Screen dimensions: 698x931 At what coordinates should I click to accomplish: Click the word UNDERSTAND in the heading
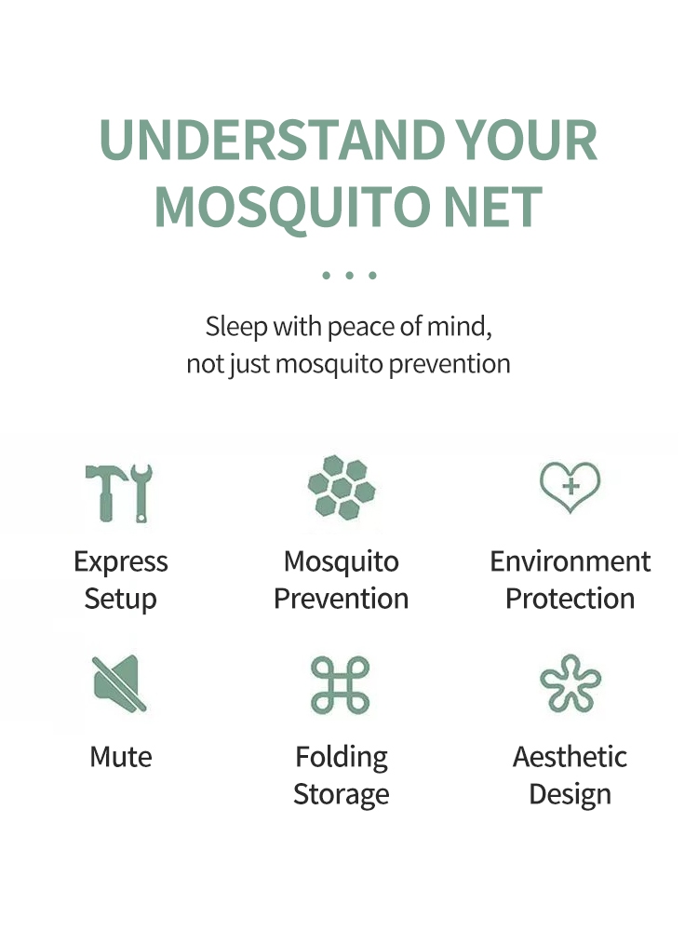point(273,140)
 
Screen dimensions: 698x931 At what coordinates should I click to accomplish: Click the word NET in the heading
point(492,206)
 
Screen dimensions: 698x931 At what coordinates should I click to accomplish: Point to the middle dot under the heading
point(350,275)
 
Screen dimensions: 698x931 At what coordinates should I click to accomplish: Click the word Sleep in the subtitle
point(236,327)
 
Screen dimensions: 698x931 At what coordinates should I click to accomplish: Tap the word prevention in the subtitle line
point(450,364)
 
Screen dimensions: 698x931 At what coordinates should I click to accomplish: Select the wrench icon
point(141,492)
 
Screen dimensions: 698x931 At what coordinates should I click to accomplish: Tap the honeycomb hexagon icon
point(342,488)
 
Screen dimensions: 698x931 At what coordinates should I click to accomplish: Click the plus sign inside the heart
point(570,486)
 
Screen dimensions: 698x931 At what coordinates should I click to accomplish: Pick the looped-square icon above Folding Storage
point(340,684)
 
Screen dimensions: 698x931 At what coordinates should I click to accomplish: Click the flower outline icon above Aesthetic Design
point(570,683)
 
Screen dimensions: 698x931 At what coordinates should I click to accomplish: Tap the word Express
point(120,562)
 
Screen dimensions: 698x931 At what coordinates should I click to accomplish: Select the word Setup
point(120,599)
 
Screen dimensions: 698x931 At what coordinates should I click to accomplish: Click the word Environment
point(570,561)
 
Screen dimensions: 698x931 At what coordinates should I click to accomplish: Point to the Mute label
point(120,757)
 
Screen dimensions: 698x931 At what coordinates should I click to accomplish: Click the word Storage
point(342,795)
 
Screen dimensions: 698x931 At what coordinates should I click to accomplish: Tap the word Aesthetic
point(570,757)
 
